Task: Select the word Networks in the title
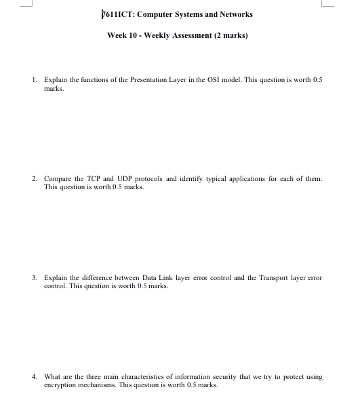(x=234, y=15)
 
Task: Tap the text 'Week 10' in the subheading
(x=123, y=35)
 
